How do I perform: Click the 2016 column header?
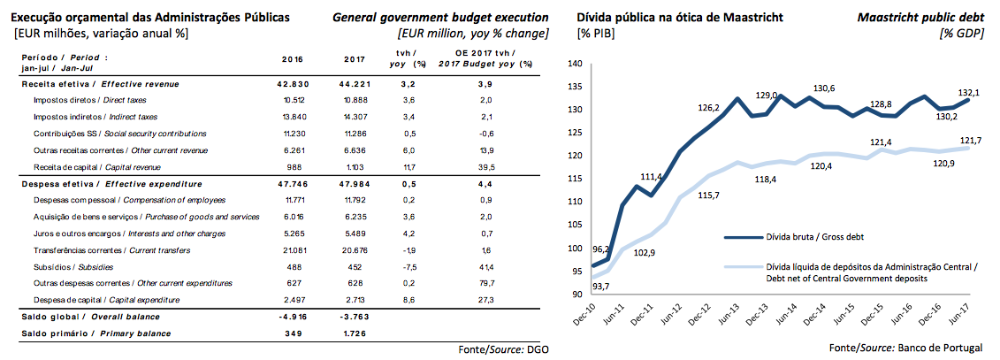[x=292, y=59]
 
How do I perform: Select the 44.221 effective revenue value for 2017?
[x=355, y=83]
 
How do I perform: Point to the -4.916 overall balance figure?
[x=292, y=317]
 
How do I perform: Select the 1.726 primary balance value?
[x=355, y=333]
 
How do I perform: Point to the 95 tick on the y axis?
[x=576, y=271]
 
